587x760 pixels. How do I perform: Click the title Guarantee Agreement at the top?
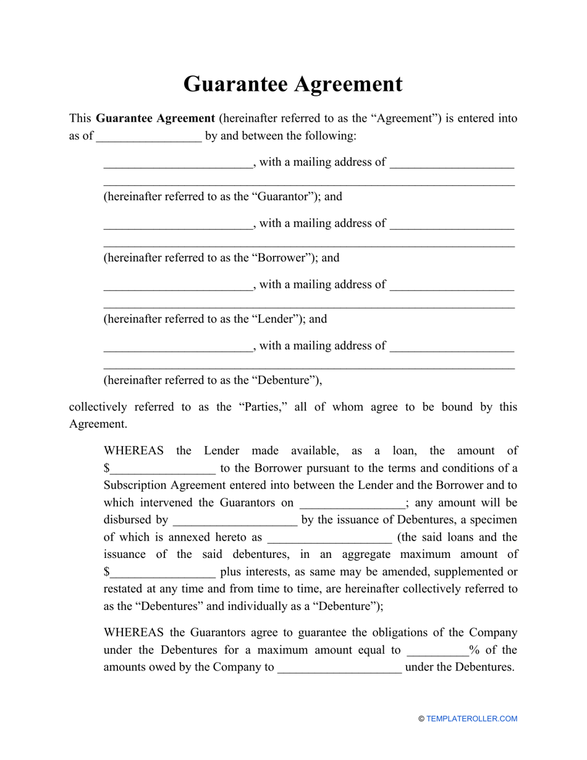[293, 84]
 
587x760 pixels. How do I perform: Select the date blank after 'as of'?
[149, 137]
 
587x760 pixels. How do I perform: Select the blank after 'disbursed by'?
[235, 520]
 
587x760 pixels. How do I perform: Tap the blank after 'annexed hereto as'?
[329, 538]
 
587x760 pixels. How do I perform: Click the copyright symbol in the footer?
[421, 719]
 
